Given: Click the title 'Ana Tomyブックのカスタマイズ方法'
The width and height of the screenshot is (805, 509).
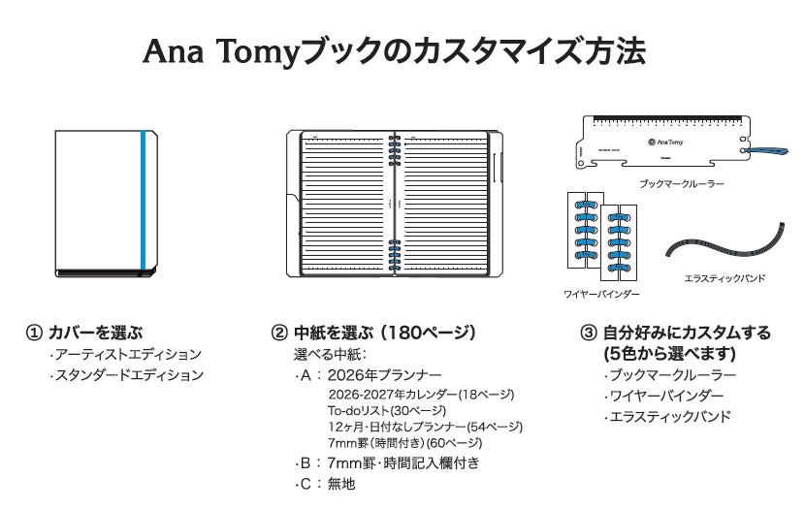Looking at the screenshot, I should [x=394, y=50].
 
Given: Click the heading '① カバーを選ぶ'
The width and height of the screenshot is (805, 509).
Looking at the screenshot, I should [x=90, y=333].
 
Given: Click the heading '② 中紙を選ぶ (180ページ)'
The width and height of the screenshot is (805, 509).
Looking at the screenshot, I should [x=372, y=333].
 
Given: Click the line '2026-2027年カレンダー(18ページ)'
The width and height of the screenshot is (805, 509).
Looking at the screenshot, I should [x=420, y=395].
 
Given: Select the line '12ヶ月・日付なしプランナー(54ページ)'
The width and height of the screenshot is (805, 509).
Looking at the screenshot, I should [x=425, y=427].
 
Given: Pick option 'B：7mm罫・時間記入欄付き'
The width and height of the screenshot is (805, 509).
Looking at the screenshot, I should [x=388, y=462].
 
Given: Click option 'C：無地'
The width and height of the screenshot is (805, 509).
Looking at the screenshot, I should [x=328, y=483].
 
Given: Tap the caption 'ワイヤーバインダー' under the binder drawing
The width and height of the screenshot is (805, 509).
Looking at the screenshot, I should [x=601, y=293].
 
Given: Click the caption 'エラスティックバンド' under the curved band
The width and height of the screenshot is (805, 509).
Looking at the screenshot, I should [x=724, y=278].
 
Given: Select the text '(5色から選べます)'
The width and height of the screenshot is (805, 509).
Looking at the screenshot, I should [x=669, y=353].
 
